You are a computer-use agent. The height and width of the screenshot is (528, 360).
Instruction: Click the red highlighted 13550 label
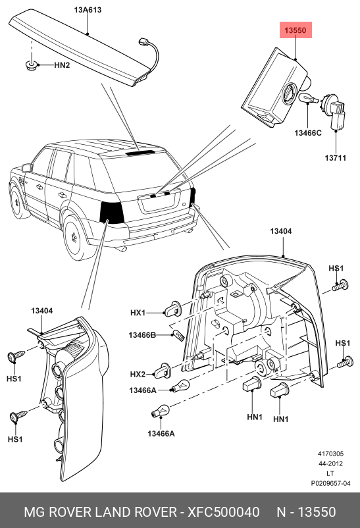coord(295,31)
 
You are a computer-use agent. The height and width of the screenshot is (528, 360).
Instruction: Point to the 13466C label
coord(307,134)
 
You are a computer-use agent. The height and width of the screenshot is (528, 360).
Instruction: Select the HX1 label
coord(138,312)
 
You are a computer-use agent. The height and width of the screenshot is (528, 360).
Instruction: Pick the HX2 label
coord(138,374)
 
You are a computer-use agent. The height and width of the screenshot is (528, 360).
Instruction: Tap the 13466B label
coord(142,335)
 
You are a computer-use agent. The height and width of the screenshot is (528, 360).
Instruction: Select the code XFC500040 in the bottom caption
coord(224,512)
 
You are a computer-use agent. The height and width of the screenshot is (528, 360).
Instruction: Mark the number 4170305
coord(330,454)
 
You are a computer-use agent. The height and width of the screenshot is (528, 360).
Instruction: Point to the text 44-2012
coord(330,463)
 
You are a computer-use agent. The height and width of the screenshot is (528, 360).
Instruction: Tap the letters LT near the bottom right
coord(330,473)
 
